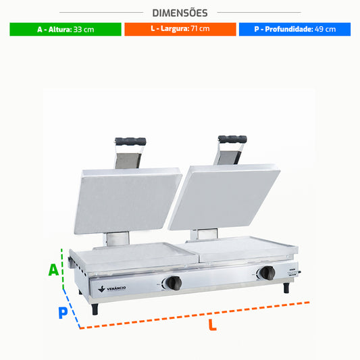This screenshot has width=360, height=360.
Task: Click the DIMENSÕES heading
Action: click(x=180, y=13)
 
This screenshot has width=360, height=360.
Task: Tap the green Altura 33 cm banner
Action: click(x=66, y=30)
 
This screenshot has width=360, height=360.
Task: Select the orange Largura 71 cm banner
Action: click(x=180, y=29)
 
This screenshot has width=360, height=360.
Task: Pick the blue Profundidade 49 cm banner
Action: click(x=294, y=29)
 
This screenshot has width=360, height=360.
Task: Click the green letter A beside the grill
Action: click(x=53, y=269)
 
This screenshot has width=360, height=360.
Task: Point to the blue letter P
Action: click(x=63, y=313)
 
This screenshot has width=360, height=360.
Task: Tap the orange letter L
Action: click(x=213, y=325)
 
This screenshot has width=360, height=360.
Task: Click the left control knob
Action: click(x=174, y=283)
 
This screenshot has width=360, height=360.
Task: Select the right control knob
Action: click(x=267, y=273)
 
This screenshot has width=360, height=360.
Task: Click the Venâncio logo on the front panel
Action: click(x=112, y=288)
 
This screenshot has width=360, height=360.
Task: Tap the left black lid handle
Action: click(x=130, y=141)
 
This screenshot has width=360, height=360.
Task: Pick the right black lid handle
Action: click(x=232, y=139)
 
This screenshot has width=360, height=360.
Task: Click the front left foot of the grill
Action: click(x=95, y=309)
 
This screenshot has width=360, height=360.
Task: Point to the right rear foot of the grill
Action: click(x=286, y=288)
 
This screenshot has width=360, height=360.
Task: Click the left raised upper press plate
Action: click(x=128, y=201)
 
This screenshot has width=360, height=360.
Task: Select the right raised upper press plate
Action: click(x=224, y=197)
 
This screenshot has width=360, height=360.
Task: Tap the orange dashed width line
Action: click(x=195, y=315)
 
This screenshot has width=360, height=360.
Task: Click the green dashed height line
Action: click(x=62, y=269)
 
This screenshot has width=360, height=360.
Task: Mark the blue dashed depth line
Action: click(x=72, y=309)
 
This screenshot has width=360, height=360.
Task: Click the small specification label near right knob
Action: click(x=292, y=272)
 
